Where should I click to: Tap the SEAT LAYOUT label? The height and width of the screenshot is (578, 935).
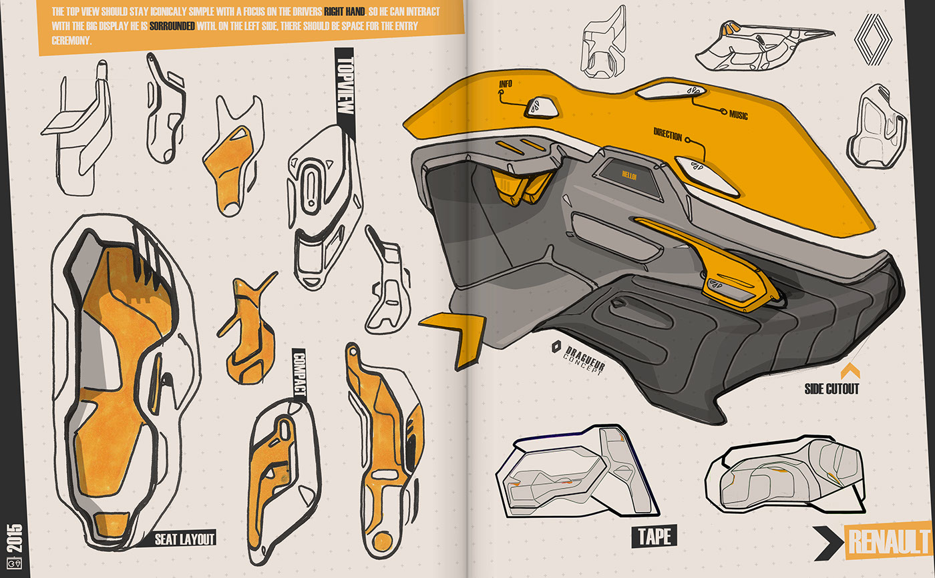[185, 539]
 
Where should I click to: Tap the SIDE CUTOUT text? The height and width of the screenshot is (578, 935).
[831, 388]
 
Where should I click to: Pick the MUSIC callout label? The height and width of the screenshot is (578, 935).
[738, 115]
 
